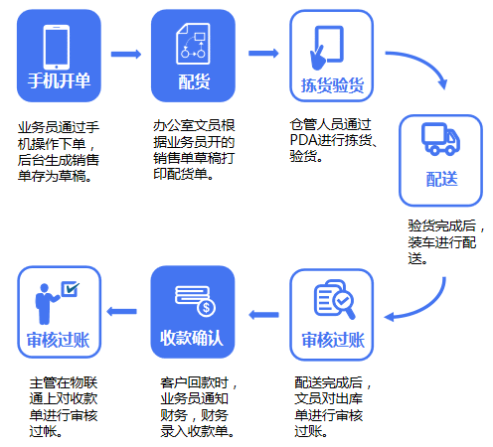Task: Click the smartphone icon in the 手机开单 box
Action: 59,44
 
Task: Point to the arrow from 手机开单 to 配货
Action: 126,51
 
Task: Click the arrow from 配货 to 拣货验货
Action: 261,51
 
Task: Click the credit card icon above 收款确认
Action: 193,297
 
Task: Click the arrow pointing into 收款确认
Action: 263,315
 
